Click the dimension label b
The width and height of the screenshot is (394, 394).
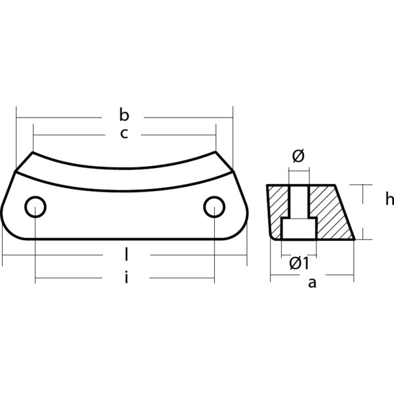(x=125, y=116)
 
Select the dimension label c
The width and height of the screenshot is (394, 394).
(x=124, y=134)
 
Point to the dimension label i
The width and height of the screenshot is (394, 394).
(x=125, y=278)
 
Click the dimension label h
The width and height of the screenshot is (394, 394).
(x=389, y=198)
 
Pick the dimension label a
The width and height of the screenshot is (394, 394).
(x=313, y=284)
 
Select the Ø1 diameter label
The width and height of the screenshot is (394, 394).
(x=299, y=263)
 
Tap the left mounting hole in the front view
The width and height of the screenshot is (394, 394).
(x=35, y=207)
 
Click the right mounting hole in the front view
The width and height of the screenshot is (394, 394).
(x=214, y=207)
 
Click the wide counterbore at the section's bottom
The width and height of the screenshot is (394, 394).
(x=299, y=230)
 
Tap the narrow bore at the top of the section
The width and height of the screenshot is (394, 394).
(x=299, y=200)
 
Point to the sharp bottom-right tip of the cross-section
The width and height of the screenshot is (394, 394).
(x=355, y=240)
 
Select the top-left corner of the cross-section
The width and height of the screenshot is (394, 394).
(x=267, y=185)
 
